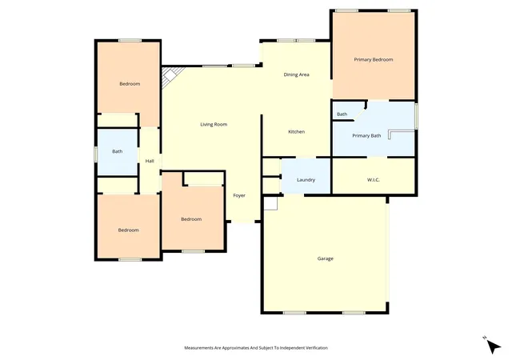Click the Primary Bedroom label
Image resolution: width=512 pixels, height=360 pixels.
click(x=374, y=59)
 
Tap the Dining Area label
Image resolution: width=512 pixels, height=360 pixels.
click(x=296, y=74)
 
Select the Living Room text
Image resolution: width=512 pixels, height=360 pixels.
click(x=214, y=125)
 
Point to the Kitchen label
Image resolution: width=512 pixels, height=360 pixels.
click(x=297, y=132)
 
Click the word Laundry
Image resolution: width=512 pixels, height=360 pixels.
click(x=306, y=180)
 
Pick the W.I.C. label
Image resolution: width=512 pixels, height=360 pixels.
click(x=374, y=180)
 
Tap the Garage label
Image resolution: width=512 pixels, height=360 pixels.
click(x=326, y=258)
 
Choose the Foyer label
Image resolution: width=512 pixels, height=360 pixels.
click(x=239, y=196)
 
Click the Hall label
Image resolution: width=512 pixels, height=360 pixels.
click(x=150, y=161)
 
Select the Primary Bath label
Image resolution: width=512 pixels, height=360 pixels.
click(x=366, y=135)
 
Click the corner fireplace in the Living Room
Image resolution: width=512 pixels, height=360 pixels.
click(x=170, y=77)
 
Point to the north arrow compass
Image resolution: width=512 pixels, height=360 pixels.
click(x=493, y=346)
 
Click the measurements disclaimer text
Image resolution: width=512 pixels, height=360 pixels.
click(x=256, y=348)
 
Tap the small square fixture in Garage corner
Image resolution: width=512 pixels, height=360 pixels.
click(x=270, y=203)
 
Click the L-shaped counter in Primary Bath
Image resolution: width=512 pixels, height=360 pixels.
click(x=402, y=134)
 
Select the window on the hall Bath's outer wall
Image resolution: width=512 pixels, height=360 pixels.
click(x=96, y=154)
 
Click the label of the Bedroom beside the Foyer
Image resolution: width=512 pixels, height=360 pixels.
click(x=191, y=219)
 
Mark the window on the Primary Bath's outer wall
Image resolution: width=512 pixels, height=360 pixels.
click(x=416, y=116)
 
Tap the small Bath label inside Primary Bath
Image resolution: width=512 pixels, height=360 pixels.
click(x=342, y=114)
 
